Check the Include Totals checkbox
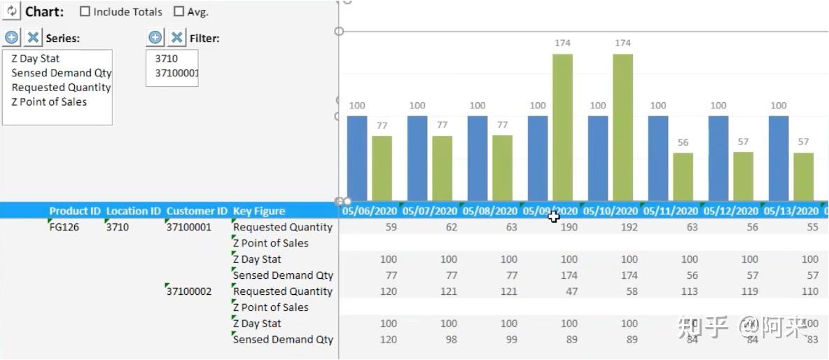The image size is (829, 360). click(x=85, y=12)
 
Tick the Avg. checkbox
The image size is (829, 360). click(x=179, y=12)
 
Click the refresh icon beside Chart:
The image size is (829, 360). click(x=11, y=11)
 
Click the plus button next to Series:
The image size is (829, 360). click(x=11, y=38)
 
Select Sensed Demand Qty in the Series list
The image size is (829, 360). click(x=61, y=73)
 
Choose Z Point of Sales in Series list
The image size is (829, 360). click(x=49, y=102)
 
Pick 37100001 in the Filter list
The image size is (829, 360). click(x=176, y=73)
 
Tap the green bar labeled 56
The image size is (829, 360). click(x=683, y=176)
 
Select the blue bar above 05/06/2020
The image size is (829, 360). click(x=357, y=158)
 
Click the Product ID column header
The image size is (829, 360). click(x=75, y=211)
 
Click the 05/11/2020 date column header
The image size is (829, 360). click(x=670, y=211)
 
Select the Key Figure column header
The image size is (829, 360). click(x=259, y=211)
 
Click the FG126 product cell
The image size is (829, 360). click(x=64, y=227)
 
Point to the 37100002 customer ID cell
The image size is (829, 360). click(x=188, y=291)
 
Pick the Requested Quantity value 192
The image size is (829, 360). click(x=629, y=227)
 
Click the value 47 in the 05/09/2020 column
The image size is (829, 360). click(x=571, y=291)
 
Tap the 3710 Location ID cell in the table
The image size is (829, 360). click(x=117, y=227)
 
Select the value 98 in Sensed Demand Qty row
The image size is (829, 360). click(x=448, y=340)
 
